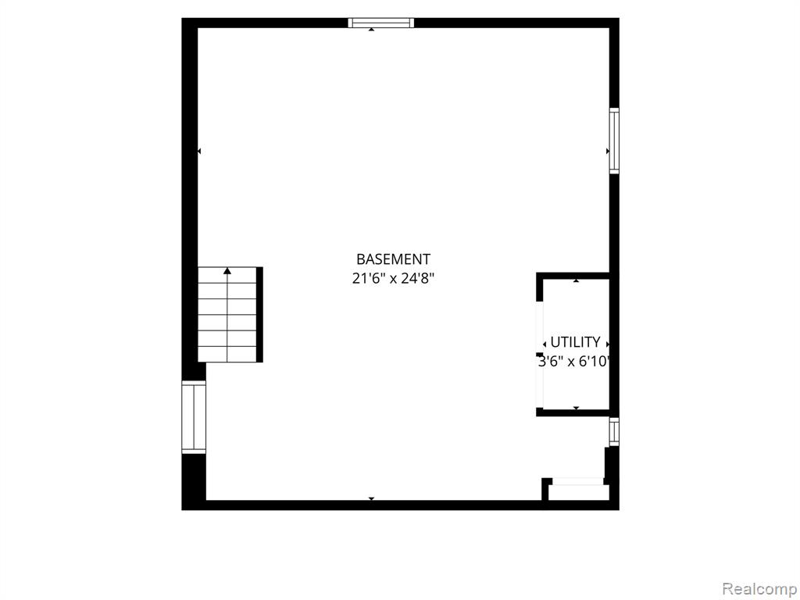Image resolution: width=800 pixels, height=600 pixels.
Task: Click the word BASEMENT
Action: tap(393, 259)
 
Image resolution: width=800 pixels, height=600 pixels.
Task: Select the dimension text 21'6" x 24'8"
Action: tap(393, 279)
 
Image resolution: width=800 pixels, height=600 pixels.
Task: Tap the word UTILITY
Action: tap(575, 342)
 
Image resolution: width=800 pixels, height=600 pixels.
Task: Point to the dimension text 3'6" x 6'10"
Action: tap(574, 361)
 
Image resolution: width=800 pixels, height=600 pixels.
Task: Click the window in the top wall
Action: tap(380, 23)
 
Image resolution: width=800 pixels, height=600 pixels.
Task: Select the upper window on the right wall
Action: tap(614, 141)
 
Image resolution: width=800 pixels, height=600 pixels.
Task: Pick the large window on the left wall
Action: tap(194, 417)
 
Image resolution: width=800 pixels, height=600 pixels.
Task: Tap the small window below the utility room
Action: tap(614, 431)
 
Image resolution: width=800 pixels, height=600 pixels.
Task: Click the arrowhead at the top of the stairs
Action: tap(227, 271)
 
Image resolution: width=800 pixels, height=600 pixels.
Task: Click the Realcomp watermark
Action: tap(759, 588)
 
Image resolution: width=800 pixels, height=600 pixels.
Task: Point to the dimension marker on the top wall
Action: tap(371, 30)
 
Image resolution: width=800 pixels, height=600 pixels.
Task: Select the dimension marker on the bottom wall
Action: tap(371, 498)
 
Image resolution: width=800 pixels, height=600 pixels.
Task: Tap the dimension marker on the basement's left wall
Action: tap(199, 151)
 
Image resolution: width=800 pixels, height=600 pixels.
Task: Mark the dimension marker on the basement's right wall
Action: tap(608, 151)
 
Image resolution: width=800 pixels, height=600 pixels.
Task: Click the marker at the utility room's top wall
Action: tap(576, 280)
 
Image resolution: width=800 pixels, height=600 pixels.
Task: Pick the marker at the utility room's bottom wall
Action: tap(576, 408)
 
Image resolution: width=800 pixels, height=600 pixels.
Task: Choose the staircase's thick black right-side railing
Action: tap(259, 314)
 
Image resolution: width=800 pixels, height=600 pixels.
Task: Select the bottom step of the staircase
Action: tap(227, 355)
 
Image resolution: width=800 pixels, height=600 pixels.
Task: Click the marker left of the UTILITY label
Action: tap(545, 345)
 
